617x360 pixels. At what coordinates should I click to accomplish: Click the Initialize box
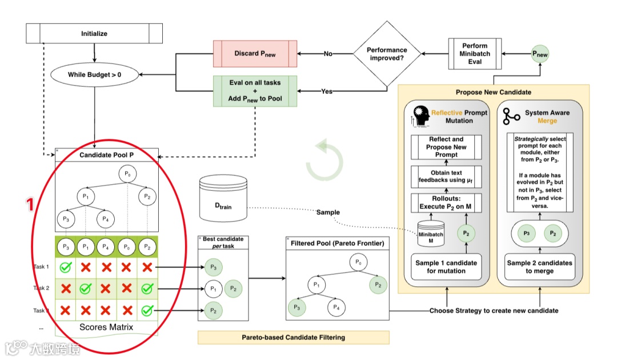[94, 34]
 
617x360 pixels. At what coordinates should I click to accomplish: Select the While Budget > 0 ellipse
[94, 74]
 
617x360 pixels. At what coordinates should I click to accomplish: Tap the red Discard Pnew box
[255, 54]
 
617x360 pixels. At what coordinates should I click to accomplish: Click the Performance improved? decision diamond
[387, 54]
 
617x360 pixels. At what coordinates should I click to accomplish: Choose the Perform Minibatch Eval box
[474, 54]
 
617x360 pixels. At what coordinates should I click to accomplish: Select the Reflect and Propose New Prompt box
[447, 147]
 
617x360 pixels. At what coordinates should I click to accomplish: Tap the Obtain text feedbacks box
[447, 177]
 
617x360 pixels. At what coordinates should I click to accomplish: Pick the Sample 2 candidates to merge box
[539, 267]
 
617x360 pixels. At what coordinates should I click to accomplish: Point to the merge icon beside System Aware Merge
[511, 117]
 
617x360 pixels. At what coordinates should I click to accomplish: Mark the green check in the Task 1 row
[66, 267]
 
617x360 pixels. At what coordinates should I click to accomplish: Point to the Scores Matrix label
[106, 327]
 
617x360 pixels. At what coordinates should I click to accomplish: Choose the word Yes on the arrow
[327, 91]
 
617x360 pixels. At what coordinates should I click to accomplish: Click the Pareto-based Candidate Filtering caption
[293, 337]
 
